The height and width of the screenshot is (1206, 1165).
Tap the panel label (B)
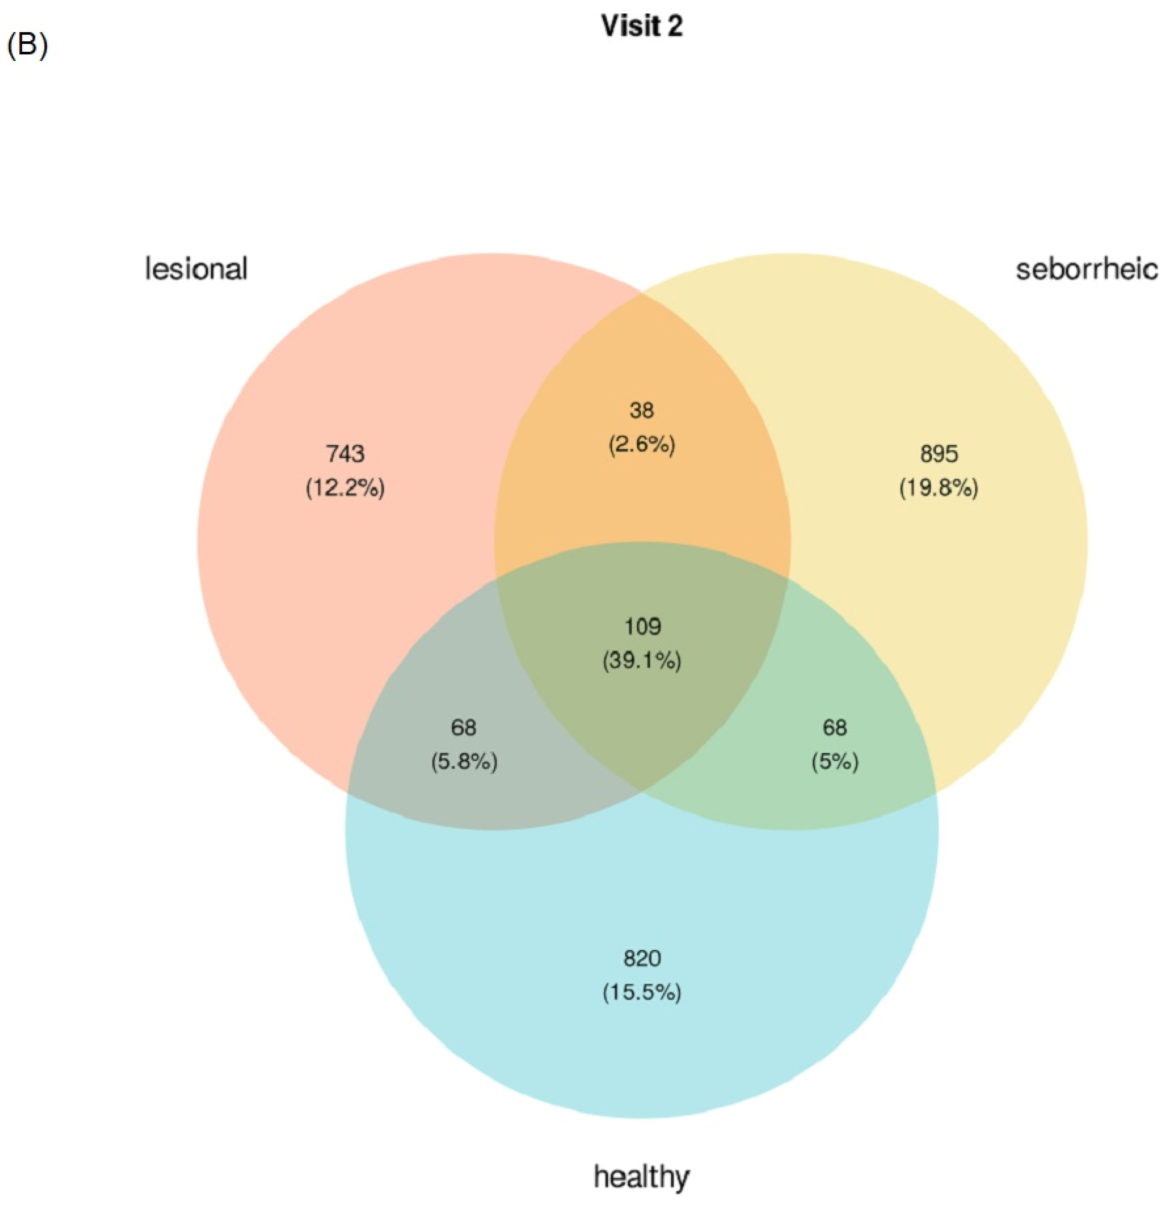pyautogui.click(x=26, y=47)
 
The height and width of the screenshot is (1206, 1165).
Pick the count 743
pyautogui.click(x=345, y=454)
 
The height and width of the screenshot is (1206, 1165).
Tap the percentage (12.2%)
pyautogui.click(x=345, y=488)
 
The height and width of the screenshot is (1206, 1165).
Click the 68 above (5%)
pyautogui.click(x=834, y=728)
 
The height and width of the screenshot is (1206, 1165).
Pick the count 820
pyautogui.click(x=642, y=958)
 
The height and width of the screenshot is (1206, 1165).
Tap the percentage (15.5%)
pyautogui.click(x=642, y=993)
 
